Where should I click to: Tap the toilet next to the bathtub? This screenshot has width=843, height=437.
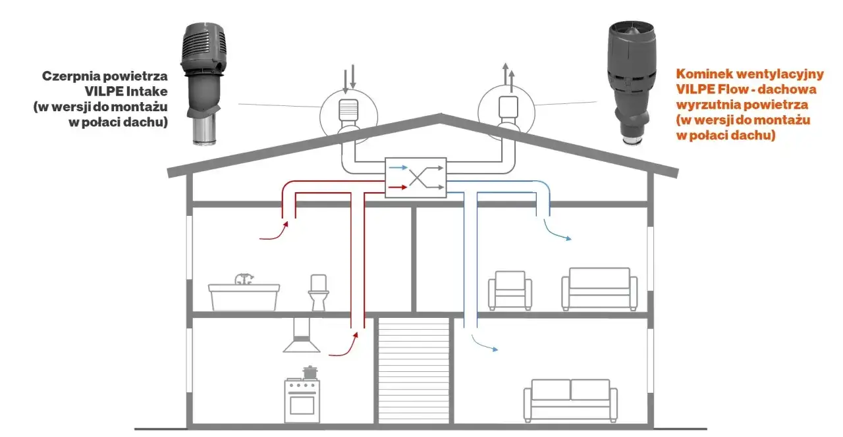(x=318, y=293)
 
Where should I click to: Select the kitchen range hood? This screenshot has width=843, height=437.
(x=302, y=336)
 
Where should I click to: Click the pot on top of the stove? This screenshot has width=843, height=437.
(x=310, y=373)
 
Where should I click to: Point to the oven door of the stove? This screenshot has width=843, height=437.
(x=302, y=405)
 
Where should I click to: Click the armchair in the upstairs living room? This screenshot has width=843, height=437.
(x=510, y=290)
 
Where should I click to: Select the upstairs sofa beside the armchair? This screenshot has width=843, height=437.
(x=599, y=289)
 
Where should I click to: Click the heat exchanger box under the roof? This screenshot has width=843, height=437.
(x=416, y=178)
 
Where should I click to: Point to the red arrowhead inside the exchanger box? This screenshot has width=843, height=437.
(x=404, y=187)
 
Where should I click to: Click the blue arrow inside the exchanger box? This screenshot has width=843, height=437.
(x=398, y=167)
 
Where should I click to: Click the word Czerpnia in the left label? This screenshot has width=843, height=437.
(x=70, y=77)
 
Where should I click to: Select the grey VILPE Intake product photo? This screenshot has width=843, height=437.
(x=204, y=84)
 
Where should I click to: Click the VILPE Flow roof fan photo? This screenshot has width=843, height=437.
(x=632, y=83)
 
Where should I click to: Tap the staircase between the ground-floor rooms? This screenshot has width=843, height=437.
(x=414, y=371)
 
